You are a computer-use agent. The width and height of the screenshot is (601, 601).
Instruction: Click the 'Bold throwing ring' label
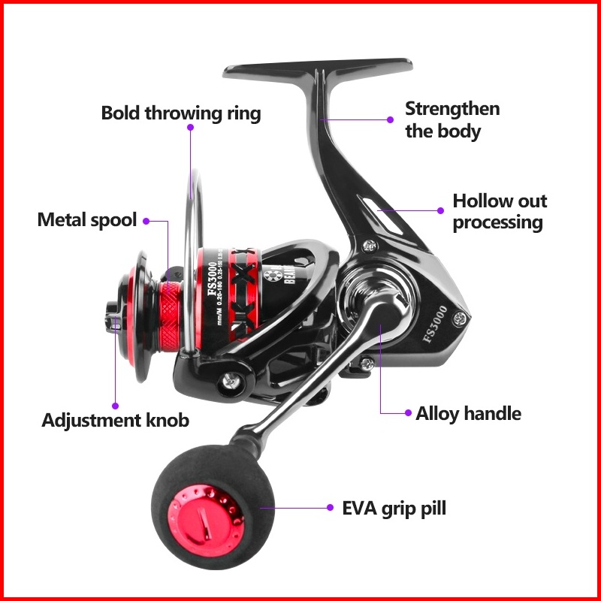(x=181, y=113)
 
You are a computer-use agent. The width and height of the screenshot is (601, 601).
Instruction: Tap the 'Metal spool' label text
(x=87, y=220)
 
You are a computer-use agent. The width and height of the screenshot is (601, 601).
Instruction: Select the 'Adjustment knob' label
(x=115, y=420)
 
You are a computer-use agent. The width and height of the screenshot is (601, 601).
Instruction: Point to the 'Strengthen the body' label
(x=452, y=119)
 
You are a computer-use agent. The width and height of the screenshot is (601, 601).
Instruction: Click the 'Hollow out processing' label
(x=499, y=211)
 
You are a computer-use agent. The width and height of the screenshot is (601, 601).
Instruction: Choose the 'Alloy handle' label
(x=468, y=413)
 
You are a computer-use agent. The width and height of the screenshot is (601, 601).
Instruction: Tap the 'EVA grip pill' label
(x=394, y=508)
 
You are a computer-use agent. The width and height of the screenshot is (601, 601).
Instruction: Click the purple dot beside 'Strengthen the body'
(x=390, y=119)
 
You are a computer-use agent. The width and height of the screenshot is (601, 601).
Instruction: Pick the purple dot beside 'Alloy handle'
(x=408, y=413)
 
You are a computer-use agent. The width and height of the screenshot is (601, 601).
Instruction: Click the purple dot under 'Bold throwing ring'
(x=191, y=128)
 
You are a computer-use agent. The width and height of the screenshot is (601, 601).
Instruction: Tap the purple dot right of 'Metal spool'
(x=146, y=221)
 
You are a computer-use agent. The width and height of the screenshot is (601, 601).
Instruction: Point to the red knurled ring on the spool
(x=168, y=307)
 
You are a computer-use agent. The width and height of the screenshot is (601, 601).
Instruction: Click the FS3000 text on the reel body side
(x=435, y=322)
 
